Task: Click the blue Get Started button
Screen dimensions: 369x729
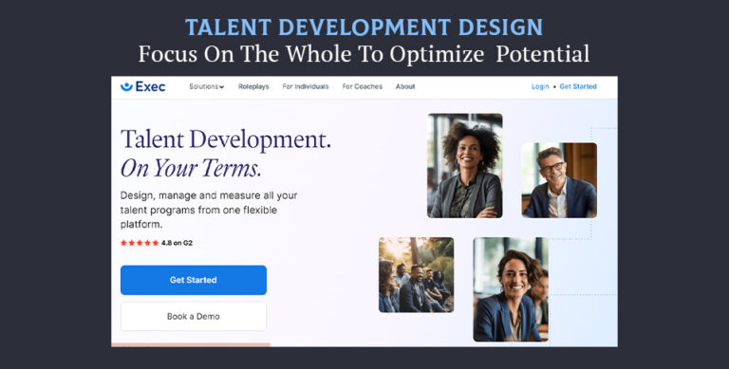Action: pyautogui.click(x=193, y=280)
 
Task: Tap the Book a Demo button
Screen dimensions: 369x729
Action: pyautogui.click(x=193, y=316)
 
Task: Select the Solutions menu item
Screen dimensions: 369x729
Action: pyautogui.click(x=206, y=86)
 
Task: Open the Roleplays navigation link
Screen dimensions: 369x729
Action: pyautogui.click(x=253, y=86)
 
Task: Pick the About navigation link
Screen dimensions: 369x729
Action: pyautogui.click(x=405, y=86)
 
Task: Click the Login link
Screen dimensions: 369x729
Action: pyautogui.click(x=540, y=86)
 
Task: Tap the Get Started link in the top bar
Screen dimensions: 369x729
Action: pyautogui.click(x=578, y=86)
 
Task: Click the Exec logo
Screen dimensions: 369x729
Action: pyautogui.click(x=143, y=86)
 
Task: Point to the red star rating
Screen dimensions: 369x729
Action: pyautogui.click(x=140, y=243)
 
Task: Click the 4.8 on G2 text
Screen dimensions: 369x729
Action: pyautogui.click(x=177, y=243)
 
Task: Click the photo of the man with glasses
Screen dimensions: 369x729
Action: pyautogui.click(x=558, y=180)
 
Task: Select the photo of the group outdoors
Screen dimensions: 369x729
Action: pyautogui.click(x=416, y=274)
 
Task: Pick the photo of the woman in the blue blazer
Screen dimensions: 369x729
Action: pyautogui.click(x=510, y=289)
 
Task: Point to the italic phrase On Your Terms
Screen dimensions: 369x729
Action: pyautogui.click(x=191, y=168)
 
